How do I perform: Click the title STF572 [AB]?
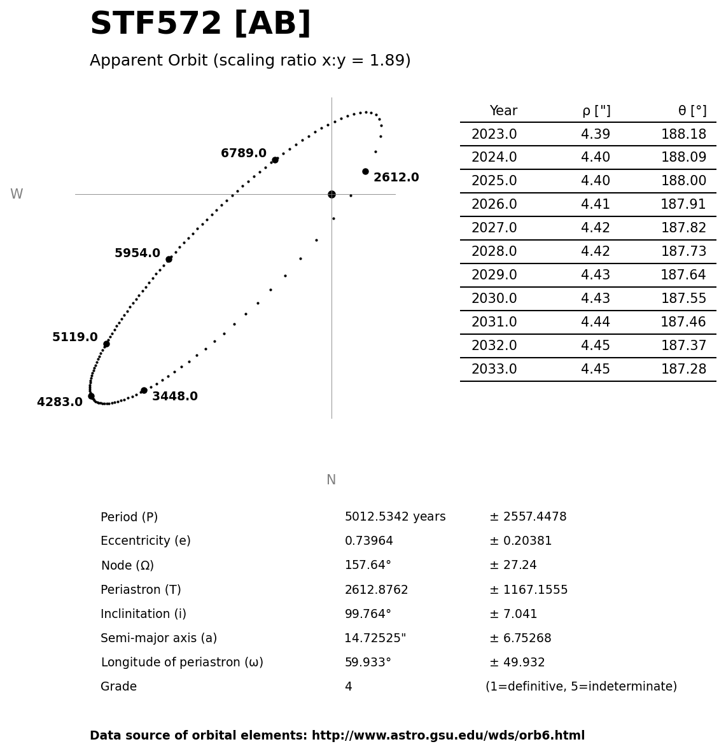click(200, 23)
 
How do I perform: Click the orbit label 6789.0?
click(243, 153)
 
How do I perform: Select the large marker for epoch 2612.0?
click(365, 171)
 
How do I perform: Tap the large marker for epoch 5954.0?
click(169, 260)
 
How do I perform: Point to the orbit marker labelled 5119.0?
click(106, 344)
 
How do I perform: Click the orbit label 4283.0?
click(60, 402)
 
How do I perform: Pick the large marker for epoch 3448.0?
click(144, 390)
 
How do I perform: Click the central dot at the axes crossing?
click(332, 195)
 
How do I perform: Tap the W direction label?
click(17, 194)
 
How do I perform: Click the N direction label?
click(331, 480)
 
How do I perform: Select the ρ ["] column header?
click(596, 111)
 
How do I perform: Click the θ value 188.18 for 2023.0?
click(683, 134)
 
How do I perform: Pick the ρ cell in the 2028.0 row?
click(596, 251)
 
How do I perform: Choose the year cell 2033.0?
click(494, 369)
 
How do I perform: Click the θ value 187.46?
click(683, 322)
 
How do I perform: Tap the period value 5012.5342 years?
click(395, 517)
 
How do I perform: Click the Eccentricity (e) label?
click(146, 541)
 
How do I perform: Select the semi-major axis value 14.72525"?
click(375, 638)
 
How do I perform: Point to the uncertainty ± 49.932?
click(517, 663)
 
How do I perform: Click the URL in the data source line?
click(448, 736)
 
